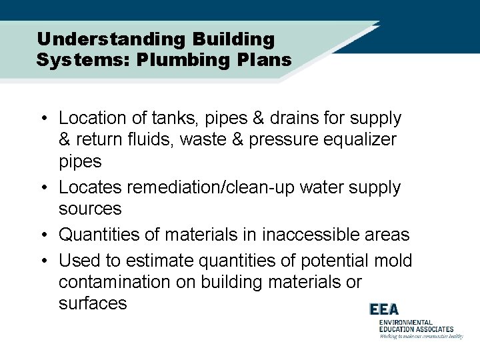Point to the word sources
(x=90, y=209)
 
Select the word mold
(x=393, y=261)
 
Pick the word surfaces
(x=92, y=304)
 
